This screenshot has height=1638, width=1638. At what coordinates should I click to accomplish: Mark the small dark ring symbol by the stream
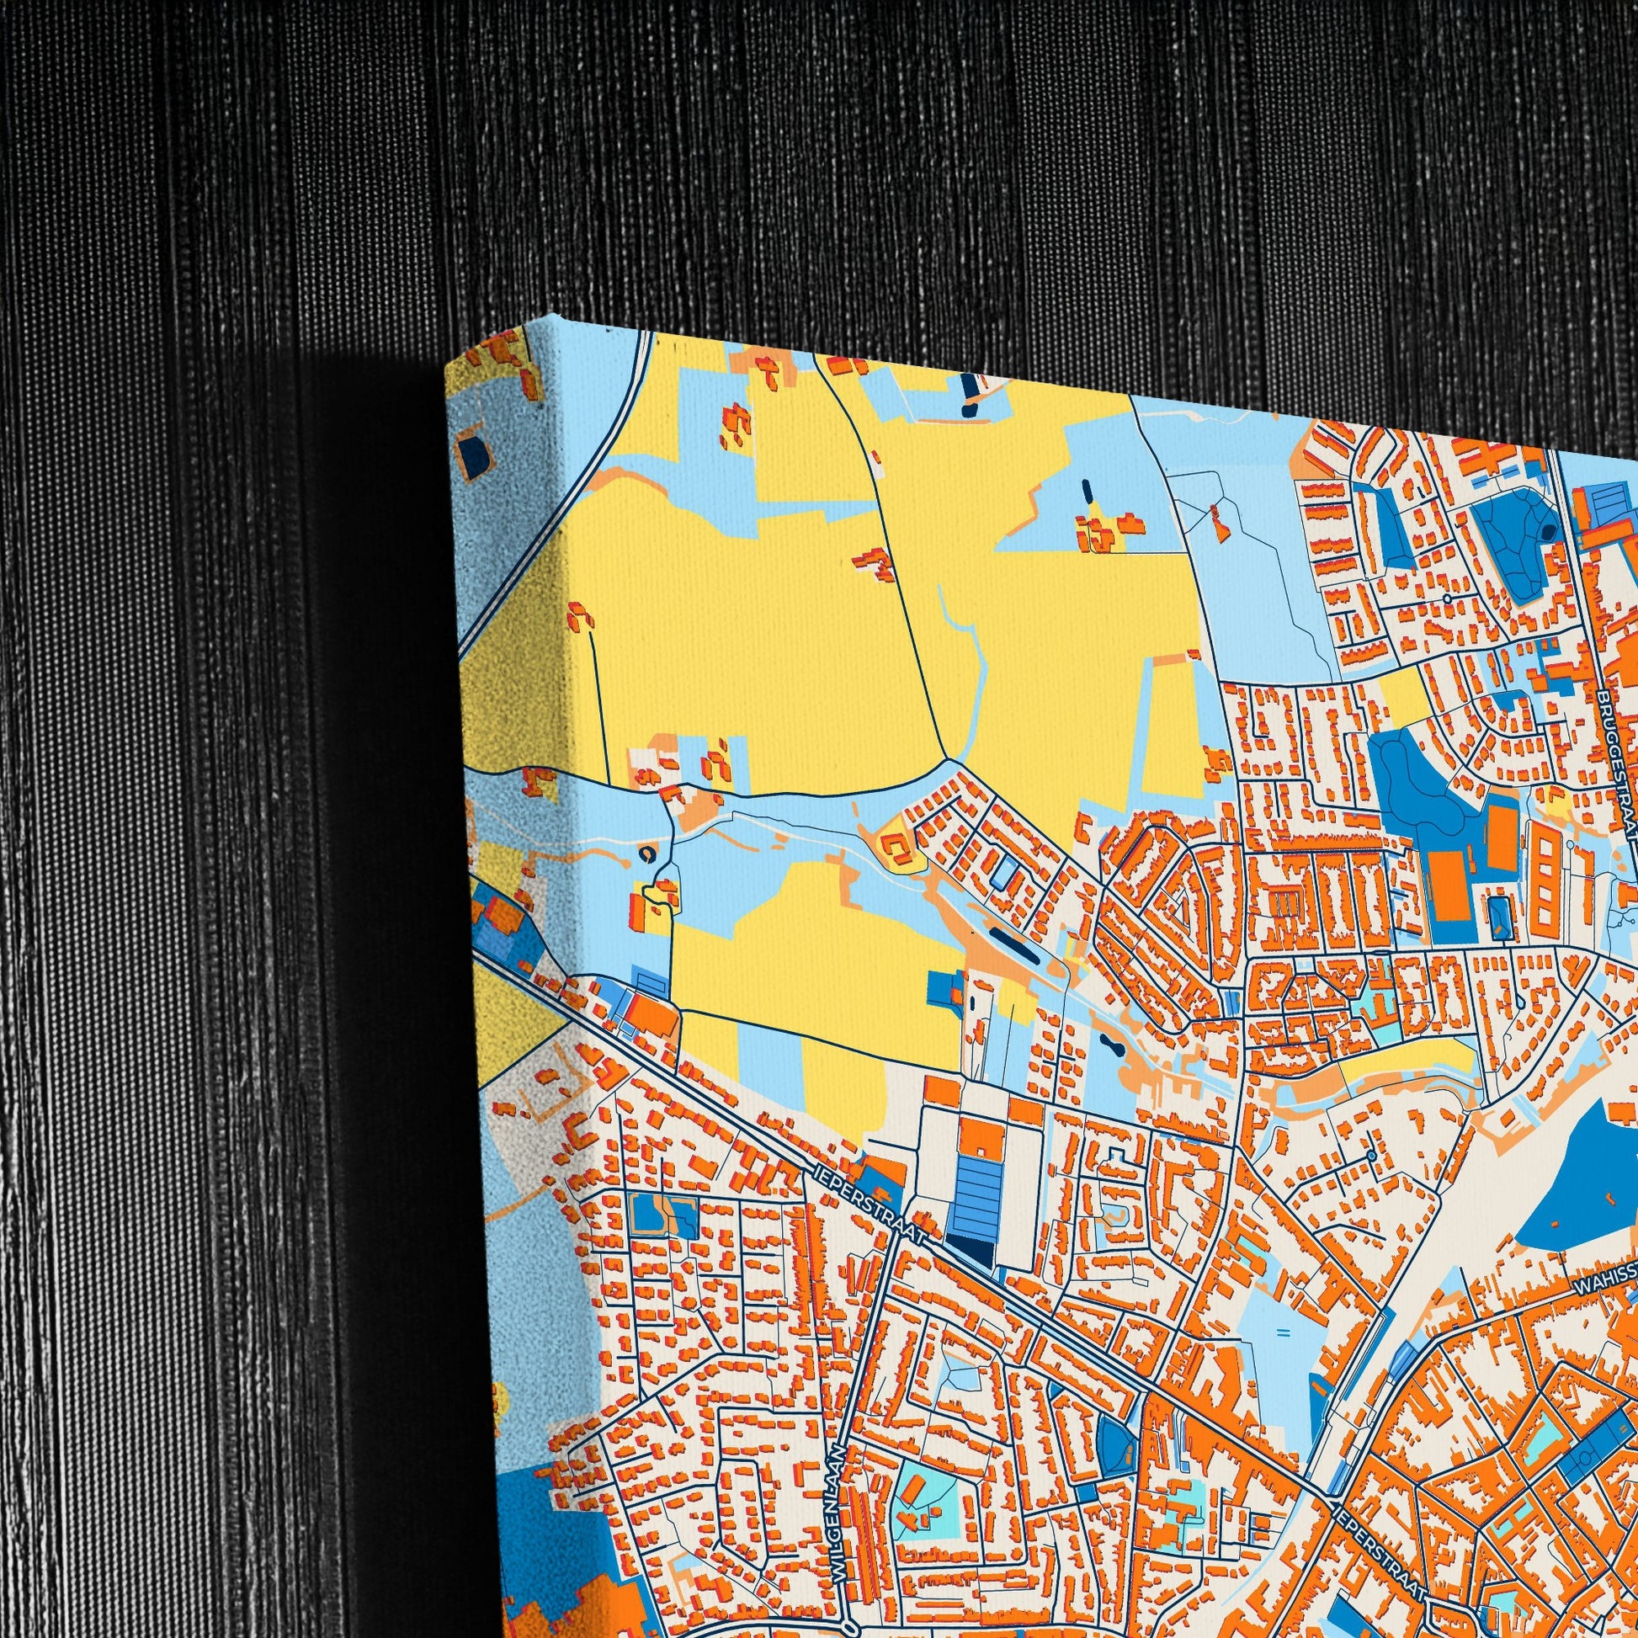pyautogui.click(x=648, y=856)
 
